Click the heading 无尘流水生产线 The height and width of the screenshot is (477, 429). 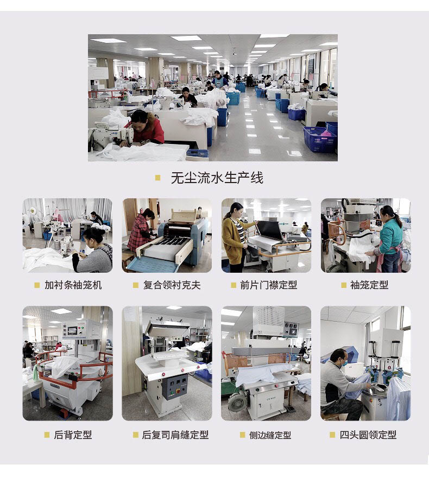(x=217, y=178)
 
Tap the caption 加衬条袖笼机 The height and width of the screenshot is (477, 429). (x=73, y=285)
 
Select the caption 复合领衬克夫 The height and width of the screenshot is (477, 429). (x=172, y=285)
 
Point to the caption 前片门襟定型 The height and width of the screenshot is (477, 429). (x=268, y=285)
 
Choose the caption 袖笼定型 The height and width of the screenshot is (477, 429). (x=369, y=285)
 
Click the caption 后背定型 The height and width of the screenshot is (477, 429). (x=73, y=435)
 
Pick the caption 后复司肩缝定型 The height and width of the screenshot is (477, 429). (x=175, y=435)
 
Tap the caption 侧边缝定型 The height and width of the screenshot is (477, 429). (x=270, y=435)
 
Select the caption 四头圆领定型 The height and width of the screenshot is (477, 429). (x=368, y=435)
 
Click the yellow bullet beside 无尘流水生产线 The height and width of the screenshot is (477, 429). (x=158, y=178)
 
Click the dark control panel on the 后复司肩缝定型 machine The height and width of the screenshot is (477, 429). (x=174, y=386)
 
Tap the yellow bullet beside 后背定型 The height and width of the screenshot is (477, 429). (x=47, y=435)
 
